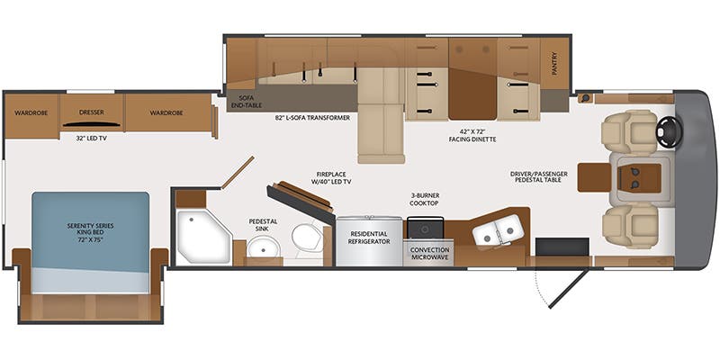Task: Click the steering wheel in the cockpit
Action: tap(670, 131)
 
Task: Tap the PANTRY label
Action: tap(554, 63)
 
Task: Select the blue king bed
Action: tap(91, 242)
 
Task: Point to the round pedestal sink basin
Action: tap(263, 249)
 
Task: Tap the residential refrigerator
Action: tap(369, 240)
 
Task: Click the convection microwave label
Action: tap(430, 254)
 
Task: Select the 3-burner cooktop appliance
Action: tap(426, 227)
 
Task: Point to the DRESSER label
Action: tap(92, 112)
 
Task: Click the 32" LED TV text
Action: tap(91, 138)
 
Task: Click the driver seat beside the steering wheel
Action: tap(629, 131)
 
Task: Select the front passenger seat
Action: tap(630, 226)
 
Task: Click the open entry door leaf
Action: tap(568, 288)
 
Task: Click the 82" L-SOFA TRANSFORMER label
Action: tap(310, 118)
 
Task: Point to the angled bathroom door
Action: tap(238, 173)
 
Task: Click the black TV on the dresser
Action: tap(92, 123)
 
